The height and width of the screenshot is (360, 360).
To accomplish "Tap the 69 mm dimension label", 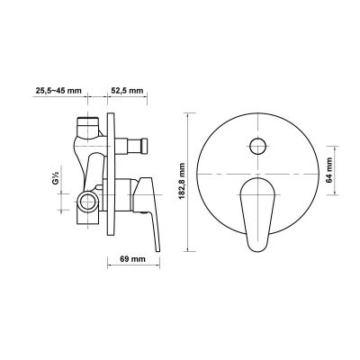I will click(x=133, y=260).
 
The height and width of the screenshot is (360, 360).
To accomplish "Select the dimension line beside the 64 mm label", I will click(x=337, y=170).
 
